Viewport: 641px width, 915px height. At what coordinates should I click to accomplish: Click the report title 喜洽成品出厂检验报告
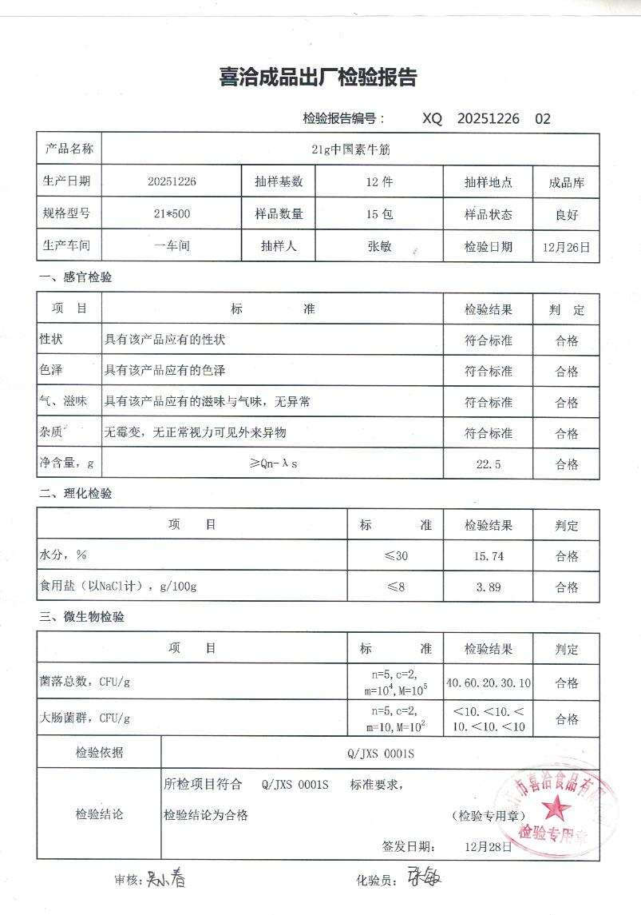tap(318, 78)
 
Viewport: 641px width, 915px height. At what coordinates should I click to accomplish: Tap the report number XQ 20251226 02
tap(486, 119)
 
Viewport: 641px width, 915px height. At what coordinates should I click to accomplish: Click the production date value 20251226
tap(172, 181)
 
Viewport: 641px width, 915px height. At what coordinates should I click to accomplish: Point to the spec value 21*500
tap(171, 214)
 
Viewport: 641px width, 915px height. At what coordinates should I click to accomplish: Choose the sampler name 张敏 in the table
tap(379, 247)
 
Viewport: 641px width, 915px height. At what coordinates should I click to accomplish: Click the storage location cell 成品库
tap(566, 182)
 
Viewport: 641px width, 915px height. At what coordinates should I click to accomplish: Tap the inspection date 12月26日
tap(566, 247)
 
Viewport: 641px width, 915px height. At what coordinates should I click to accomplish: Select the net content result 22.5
tap(488, 464)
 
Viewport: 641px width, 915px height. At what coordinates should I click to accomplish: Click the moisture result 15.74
tap(489, 556)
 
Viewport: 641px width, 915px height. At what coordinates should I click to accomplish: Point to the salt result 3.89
tap(489, 587)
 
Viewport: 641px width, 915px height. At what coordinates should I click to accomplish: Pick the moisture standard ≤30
tap(396, 556)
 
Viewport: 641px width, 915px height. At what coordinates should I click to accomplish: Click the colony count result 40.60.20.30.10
tap(489, 683)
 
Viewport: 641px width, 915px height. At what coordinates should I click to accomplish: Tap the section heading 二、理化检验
tap(76, 494)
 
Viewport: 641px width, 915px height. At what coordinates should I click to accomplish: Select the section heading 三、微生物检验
tap(81, 617)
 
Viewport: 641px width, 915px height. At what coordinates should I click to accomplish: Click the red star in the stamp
tap(556, 810)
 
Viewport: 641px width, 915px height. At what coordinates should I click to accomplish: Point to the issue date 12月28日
tap(489, 846)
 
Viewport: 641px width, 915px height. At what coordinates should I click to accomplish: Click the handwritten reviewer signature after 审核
tap(165, 880)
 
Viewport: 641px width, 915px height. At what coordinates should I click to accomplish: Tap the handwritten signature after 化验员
tap(425, 877)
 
